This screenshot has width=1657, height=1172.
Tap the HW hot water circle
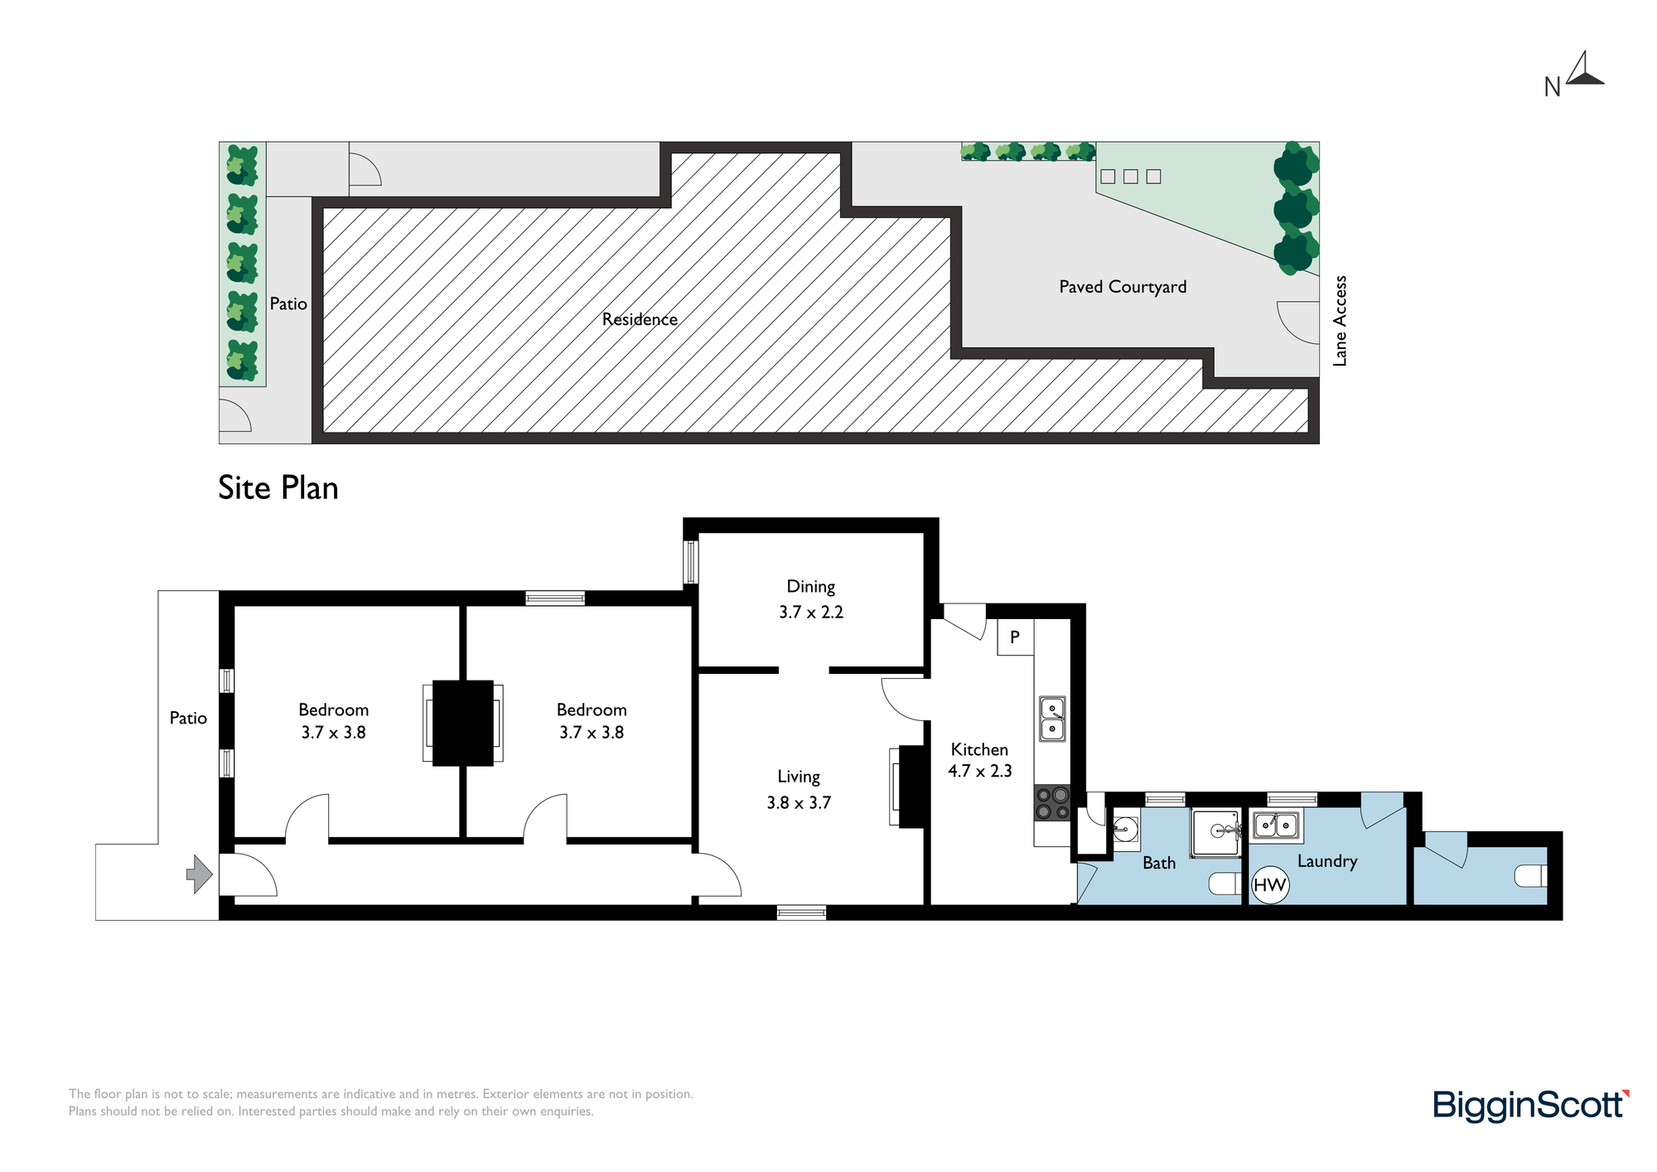click(1269, 884)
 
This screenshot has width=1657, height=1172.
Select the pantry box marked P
click(1015, 637)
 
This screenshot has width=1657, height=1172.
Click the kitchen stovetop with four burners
click(1052, 802)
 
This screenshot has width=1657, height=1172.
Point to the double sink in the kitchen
click(1052, 719)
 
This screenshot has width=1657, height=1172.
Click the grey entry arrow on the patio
click(200, 874)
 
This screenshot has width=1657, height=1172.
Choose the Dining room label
click(811, 587)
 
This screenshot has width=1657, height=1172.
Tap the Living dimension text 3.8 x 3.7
click(799, 802)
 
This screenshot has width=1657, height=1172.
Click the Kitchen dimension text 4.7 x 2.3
click(980, 771)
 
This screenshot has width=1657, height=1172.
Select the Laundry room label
click(1327, 861)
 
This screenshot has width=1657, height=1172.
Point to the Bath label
click(1159, 863)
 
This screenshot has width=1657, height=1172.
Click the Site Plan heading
click(278, 488)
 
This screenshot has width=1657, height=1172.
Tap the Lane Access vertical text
click(1340, 321)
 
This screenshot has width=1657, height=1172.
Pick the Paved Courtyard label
click(1123, 287)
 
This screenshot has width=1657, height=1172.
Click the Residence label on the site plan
click(640, 319)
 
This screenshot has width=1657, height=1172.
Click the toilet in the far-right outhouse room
click(1531, 875)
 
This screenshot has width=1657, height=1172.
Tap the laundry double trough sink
click(1276, 825)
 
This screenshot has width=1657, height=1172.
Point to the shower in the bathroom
click(1215, 832)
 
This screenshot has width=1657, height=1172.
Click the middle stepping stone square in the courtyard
click(1131, 177)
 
